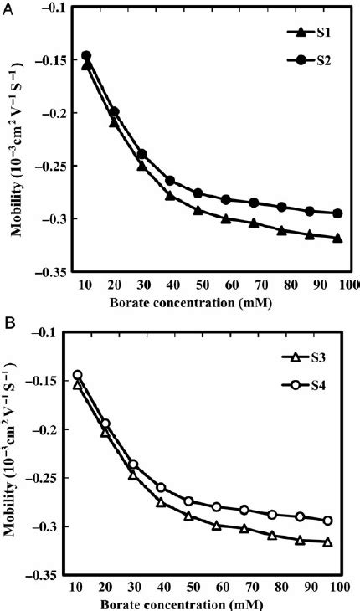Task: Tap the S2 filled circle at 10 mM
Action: [86, 56]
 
